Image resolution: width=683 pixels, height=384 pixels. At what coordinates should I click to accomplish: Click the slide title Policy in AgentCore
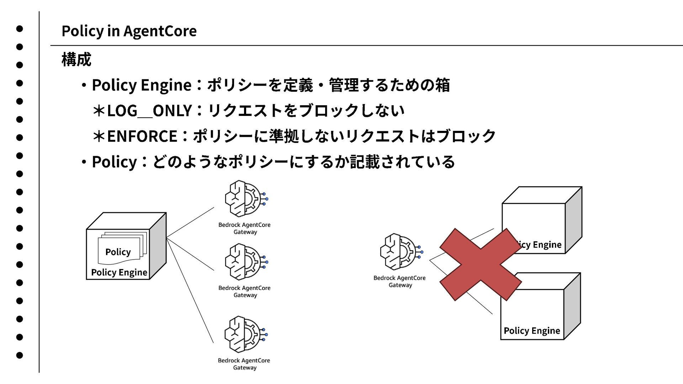[129, 31]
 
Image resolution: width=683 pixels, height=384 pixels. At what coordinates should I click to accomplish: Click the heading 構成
[76, 59]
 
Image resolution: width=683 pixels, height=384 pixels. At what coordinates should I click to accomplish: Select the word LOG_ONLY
[149, 111]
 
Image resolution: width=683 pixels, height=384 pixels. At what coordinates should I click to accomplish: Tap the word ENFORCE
[142, 136]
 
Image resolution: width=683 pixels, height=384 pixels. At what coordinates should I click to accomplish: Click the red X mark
[480, 265]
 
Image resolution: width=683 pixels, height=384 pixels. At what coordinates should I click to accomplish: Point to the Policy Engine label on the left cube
[119, 272]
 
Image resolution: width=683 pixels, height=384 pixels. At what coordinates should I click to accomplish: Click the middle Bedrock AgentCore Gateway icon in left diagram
[245, 262]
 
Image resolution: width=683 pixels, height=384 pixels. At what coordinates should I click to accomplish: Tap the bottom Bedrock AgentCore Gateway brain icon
[245, 334]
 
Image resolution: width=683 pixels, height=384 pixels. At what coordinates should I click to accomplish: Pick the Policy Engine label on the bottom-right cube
[532, 331]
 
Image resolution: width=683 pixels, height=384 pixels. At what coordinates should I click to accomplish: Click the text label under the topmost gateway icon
[244, 228]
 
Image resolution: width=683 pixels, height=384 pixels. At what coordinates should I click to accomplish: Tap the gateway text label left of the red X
[399, 281]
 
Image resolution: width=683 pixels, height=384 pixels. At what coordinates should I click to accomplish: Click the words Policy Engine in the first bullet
[142, 85]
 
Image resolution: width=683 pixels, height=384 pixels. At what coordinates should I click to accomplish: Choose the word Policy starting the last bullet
[114, 162]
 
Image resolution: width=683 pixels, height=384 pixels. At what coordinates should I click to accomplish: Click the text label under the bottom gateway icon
[244, 364]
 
